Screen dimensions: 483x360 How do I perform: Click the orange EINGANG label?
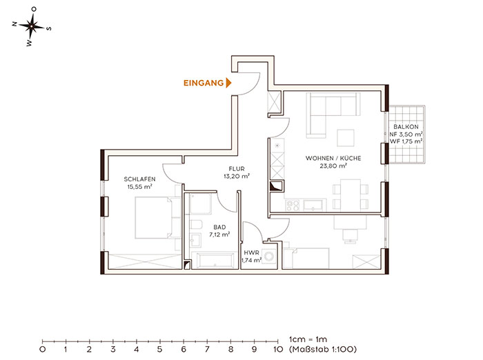204,83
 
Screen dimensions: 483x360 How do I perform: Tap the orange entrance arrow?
228,83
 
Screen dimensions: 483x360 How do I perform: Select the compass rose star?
32,26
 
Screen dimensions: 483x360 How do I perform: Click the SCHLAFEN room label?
139,179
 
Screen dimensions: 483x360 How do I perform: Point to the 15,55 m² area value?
139,187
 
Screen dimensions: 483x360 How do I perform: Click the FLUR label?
237,169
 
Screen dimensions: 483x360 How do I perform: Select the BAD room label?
219,228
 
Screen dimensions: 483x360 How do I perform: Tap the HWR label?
251,253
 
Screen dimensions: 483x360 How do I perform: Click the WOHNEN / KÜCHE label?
333,159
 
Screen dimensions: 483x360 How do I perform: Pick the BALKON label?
406,127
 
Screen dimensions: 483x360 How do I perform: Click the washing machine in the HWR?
270,257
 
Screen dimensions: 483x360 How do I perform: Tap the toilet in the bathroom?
195,224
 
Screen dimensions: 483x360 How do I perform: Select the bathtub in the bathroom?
213,260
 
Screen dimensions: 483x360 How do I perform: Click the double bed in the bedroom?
153,218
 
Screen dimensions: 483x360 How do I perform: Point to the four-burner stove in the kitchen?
293,206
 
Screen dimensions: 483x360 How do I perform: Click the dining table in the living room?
351,194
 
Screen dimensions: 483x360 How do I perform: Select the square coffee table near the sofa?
345,138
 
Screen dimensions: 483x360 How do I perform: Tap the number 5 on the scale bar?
159,349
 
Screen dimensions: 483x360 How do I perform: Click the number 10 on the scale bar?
278,349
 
